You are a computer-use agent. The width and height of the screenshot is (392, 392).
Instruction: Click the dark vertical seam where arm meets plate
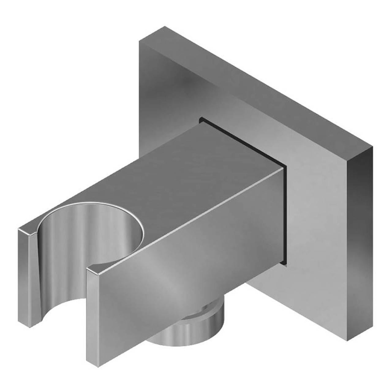[285, 214]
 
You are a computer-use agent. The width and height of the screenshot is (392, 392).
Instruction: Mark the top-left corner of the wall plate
[140, 41]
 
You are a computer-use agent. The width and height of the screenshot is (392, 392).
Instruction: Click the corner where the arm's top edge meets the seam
[283, 165]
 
